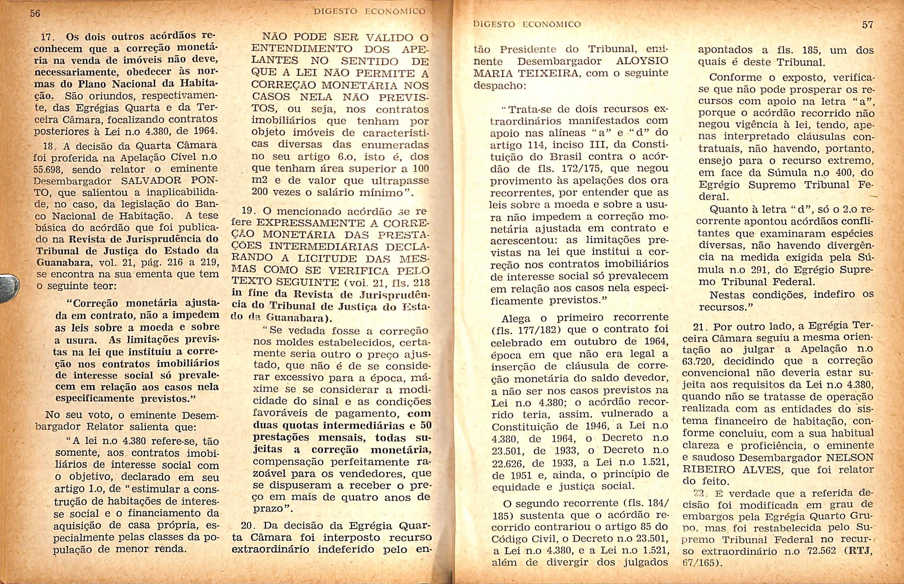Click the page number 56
click(35, 13)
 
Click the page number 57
click(868, 25)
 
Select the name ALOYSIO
click(642, 61)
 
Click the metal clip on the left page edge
click(9, 287)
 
